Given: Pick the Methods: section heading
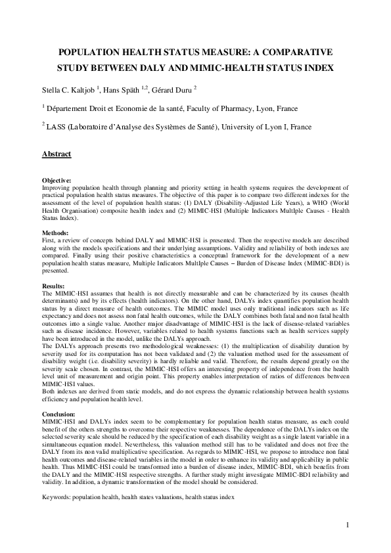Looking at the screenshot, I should [x=55, y=233].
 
